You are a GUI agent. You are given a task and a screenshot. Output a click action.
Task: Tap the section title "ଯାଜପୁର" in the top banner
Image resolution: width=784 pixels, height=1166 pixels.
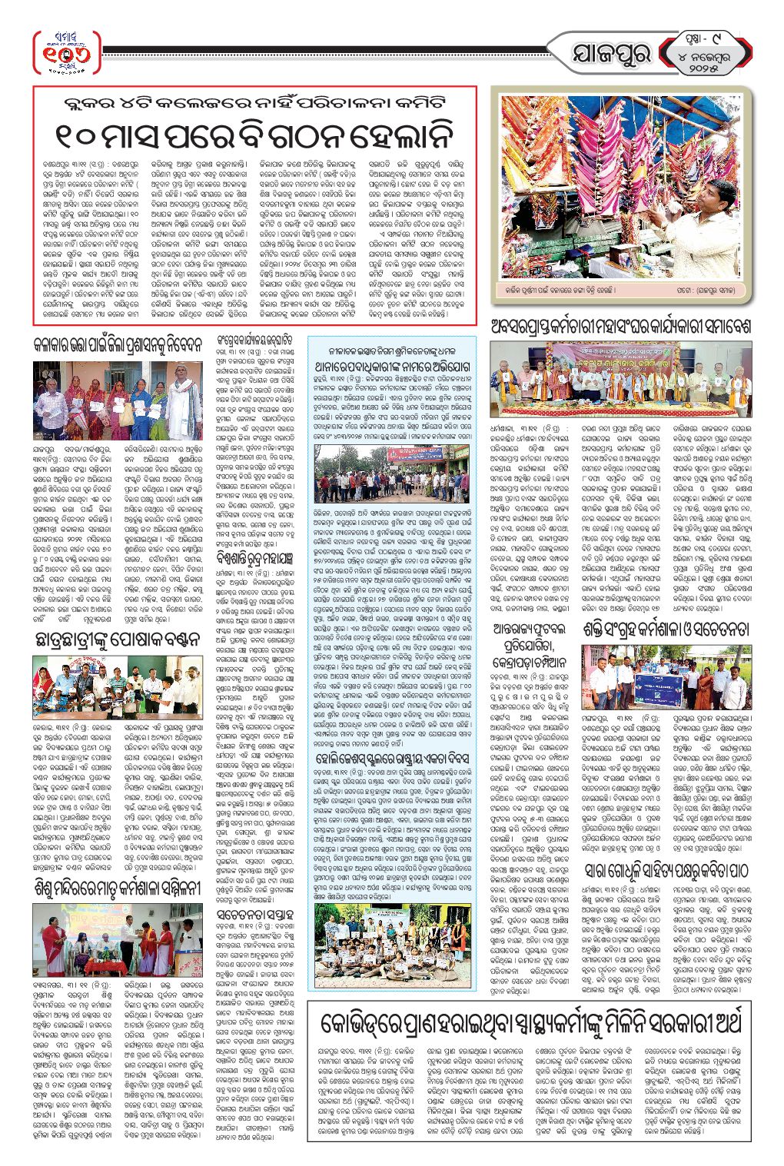[610, 54]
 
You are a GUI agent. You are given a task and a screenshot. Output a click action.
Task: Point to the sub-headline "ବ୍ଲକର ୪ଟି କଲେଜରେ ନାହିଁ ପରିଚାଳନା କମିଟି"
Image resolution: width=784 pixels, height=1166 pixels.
[254, 103]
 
